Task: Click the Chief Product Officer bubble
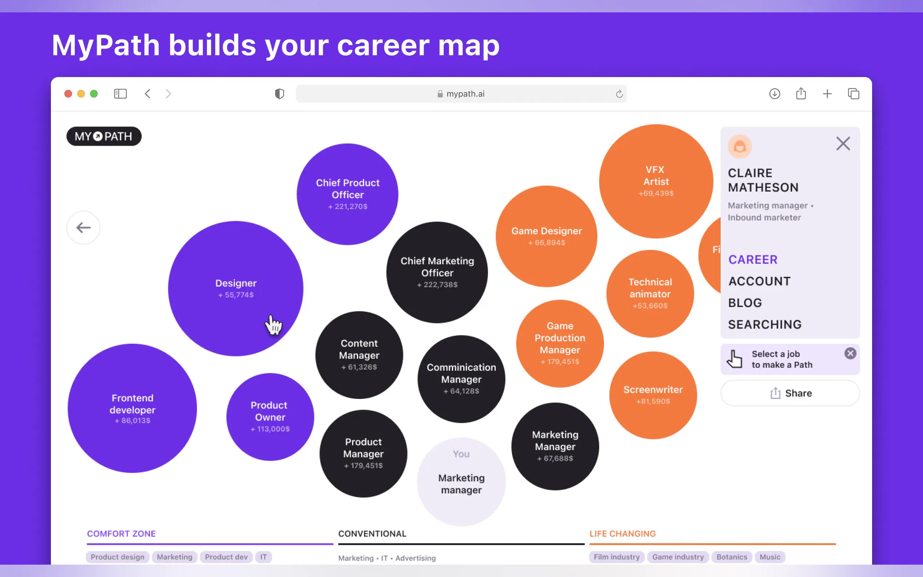point(348,194)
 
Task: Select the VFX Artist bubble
point(656,181)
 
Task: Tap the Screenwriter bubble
point(653,395)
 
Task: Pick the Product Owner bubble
point(270,417)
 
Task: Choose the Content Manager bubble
point(359,355)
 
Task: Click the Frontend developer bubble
point(132,408)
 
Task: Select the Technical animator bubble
point(650,294)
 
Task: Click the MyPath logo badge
point(104,136)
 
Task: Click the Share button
point(790,393)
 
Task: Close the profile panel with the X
point(843,144)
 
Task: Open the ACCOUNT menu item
point(759,281)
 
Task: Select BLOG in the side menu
point(745,303)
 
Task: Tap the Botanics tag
point(731,557)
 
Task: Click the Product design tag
point(117,557)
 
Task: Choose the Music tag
point(770,557)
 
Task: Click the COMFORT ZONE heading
point(121,533)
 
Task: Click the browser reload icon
point(619,94)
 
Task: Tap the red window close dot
point(68,94)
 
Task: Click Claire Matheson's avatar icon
point(739,146)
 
